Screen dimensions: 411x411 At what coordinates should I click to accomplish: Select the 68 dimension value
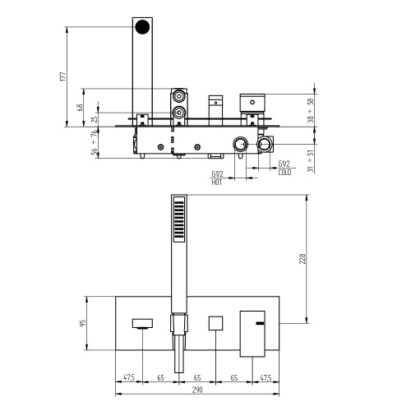tap(80, 108)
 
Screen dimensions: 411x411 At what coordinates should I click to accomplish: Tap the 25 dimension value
tap(95, 119)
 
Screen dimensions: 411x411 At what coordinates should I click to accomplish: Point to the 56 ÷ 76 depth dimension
tap(95, 145)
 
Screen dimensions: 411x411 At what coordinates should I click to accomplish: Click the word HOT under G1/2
tap(217, 182)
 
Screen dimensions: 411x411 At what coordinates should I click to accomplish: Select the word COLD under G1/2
tap(284, 172)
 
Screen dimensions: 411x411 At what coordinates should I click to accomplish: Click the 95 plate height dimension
tap(81, 323)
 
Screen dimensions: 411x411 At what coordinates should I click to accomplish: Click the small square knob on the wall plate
tap(216, 323)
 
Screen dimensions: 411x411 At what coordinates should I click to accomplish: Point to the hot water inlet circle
tap(239, 145)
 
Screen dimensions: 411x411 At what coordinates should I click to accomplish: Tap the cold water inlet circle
tap(266, 145)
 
